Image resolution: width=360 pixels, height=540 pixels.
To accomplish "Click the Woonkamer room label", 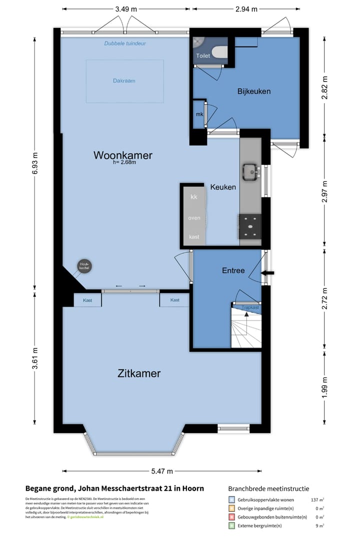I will (122, 155).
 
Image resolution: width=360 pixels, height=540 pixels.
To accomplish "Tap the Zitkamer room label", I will (139, 373).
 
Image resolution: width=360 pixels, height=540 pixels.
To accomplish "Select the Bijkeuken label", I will (253, 91).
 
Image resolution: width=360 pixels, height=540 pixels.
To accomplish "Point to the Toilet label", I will (203, 56).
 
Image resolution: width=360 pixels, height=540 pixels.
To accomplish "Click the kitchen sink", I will (249, 171).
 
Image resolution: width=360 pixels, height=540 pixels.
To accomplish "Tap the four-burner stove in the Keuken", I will (249, 226).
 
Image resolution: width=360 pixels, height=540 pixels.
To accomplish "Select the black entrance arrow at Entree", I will (268, 272).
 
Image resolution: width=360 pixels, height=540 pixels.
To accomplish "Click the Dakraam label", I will (124, 80).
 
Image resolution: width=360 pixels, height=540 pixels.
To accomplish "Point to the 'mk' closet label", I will (199, 114).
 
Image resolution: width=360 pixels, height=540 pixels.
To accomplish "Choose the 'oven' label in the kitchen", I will (194, 218).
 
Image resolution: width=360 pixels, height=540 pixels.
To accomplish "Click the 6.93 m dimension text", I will (34, 162).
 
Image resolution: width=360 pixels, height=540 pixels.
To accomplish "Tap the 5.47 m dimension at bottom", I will (161, 471).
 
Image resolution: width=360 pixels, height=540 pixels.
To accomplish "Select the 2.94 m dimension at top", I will (246, 9).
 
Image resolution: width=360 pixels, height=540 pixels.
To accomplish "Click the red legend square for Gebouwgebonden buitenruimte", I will (231, 517).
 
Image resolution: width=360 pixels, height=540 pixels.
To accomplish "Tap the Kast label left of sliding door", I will (87, 300).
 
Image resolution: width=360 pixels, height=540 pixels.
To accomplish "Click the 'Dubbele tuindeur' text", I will (125, 43).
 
